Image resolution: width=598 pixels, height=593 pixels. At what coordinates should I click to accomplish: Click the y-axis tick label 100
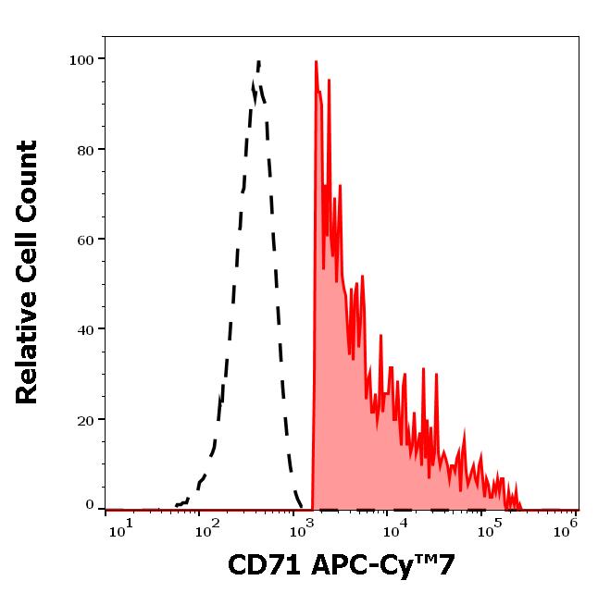[x=81, y=60]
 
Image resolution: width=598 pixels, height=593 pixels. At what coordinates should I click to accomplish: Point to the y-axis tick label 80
[x=85, y=150]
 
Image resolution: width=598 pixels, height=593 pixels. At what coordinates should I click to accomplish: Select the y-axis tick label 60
[x=85, y=240]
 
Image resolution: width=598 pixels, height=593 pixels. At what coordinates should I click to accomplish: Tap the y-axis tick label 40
[x=85, y=329]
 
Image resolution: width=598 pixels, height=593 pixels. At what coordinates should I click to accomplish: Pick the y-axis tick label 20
[x=85, y=419]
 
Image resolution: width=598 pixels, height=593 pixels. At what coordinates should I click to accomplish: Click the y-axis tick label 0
[x=90, y=505]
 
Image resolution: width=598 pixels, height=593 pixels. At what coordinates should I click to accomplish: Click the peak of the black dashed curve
[x=258, y=62]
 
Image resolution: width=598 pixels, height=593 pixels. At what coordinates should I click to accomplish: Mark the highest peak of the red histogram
[x=316, y=62]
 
